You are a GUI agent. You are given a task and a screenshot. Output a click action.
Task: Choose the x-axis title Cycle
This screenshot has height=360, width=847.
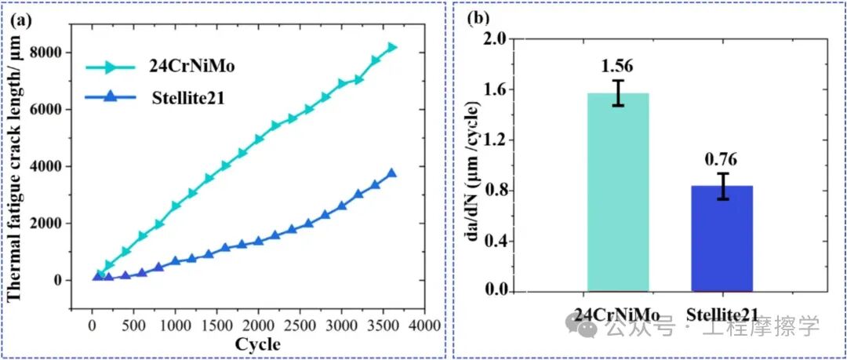point(257,344)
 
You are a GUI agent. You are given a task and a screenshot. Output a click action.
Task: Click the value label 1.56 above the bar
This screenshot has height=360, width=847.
point(618,66)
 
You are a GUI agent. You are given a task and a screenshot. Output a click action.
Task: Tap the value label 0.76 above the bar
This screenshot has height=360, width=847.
point(722,160)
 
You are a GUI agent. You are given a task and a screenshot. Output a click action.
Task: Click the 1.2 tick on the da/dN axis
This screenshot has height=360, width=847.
point(492,140)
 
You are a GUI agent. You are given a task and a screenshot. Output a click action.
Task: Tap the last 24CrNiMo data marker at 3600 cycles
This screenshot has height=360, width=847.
point(391,48)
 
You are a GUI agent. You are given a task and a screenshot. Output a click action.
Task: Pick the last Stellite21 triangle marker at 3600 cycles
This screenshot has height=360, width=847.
point(391,173)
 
